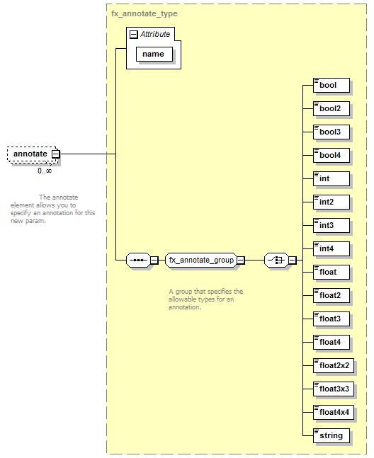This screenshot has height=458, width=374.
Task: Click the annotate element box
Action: click(x=33, y=154)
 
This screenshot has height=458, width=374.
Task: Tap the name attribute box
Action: click(x=154, y=54)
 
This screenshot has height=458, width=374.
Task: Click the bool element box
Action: click(x=331, y=85)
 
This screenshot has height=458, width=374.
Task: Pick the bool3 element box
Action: click(x=331, y=132)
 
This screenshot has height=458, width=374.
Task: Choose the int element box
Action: click(x=331, y=179)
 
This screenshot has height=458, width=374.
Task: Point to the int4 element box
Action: click(x=331, y=249)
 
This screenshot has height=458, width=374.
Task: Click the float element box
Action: click(x=331, y=273)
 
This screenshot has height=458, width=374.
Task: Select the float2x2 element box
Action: click(x=334, y=366)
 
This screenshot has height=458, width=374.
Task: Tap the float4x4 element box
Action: click(x=334, y=413)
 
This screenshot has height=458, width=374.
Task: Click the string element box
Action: click(x=331, y=436)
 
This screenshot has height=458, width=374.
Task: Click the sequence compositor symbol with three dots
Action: click(x=138, y=260)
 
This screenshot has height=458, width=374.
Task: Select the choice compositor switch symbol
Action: click(x=276, y=260)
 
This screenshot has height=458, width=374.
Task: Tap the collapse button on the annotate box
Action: click(x=55, y=154)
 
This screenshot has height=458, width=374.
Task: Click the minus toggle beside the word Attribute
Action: click(x=134, y=35)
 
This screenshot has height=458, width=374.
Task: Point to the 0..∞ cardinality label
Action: click(x=45, y=171)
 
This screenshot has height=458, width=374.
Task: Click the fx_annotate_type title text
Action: click(x=144, y=13)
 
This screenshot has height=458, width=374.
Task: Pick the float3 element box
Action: click(x=331, y=319)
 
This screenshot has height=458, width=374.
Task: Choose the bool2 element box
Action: click(x=331, y=108)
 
